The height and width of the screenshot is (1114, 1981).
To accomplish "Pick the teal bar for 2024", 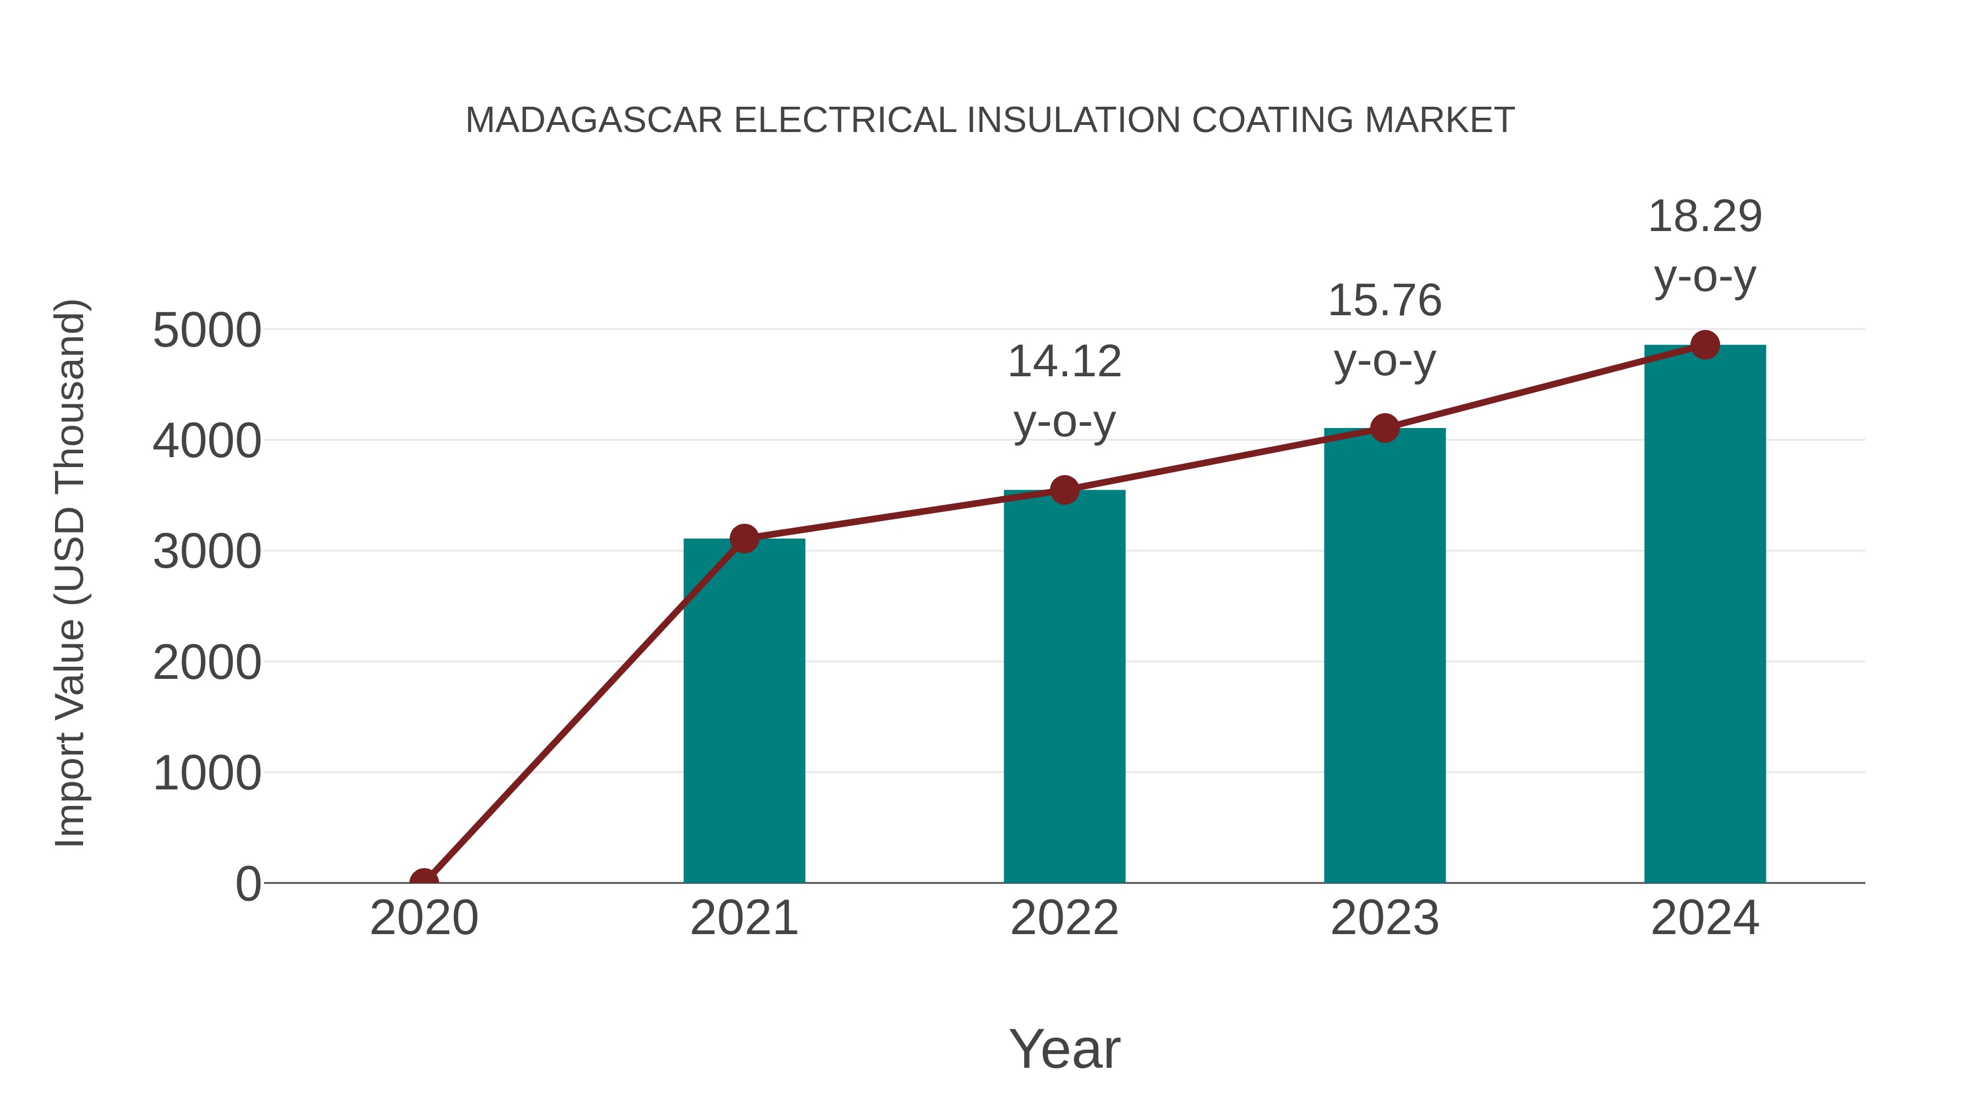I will pyautogui.click(x=1705, y=614).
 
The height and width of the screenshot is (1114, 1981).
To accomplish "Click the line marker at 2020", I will pyautogui.click(x=424, y=881).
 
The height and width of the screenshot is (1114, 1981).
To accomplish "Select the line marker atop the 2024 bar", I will pyautogui.click(x=1705, y=345).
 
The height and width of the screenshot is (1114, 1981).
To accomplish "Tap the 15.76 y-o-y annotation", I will pyautogui.click(x=1384, y=330).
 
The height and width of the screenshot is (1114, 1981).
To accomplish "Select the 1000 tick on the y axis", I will pyautogui.click(x=207, y=773).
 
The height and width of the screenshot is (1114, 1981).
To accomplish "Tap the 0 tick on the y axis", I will pyautogui.click(x=248, y=884).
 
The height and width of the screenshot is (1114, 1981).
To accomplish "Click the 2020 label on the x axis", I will pyautogui.click(x=424, y=918).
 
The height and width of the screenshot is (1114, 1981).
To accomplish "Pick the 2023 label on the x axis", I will pyautogui.click(x=1384, y=918).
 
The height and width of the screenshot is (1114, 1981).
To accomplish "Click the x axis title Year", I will pyautogui.click(x=1064, y=1049).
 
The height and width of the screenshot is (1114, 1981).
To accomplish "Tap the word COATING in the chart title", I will pyautogui.click(x=1272, y=120).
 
